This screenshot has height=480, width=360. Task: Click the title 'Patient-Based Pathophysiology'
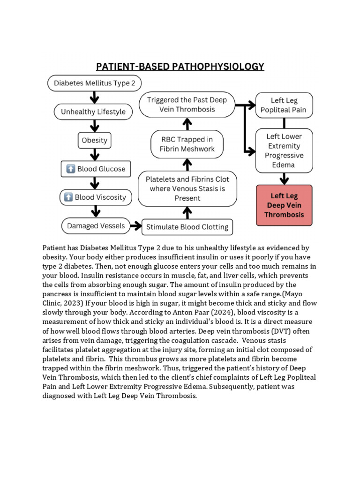180,66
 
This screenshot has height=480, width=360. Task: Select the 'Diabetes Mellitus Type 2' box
94,83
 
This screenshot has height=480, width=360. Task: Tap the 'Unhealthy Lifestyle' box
93,112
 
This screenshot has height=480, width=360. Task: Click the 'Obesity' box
94,140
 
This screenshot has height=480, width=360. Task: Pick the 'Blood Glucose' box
96,169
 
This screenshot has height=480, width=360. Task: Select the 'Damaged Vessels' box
95,226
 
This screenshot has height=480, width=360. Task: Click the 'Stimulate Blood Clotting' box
187,227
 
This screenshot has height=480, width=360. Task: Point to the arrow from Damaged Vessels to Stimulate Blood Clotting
135,226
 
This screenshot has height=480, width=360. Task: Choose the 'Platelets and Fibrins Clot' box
187,188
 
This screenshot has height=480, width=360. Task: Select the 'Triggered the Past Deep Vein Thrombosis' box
187,105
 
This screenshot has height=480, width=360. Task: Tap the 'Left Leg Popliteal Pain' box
284,105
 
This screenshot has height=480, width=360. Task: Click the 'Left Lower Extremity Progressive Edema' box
284,150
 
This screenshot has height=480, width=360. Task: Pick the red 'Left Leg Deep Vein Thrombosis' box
284,205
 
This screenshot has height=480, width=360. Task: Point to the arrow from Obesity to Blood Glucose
95,154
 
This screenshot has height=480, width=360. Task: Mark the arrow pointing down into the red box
284,178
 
